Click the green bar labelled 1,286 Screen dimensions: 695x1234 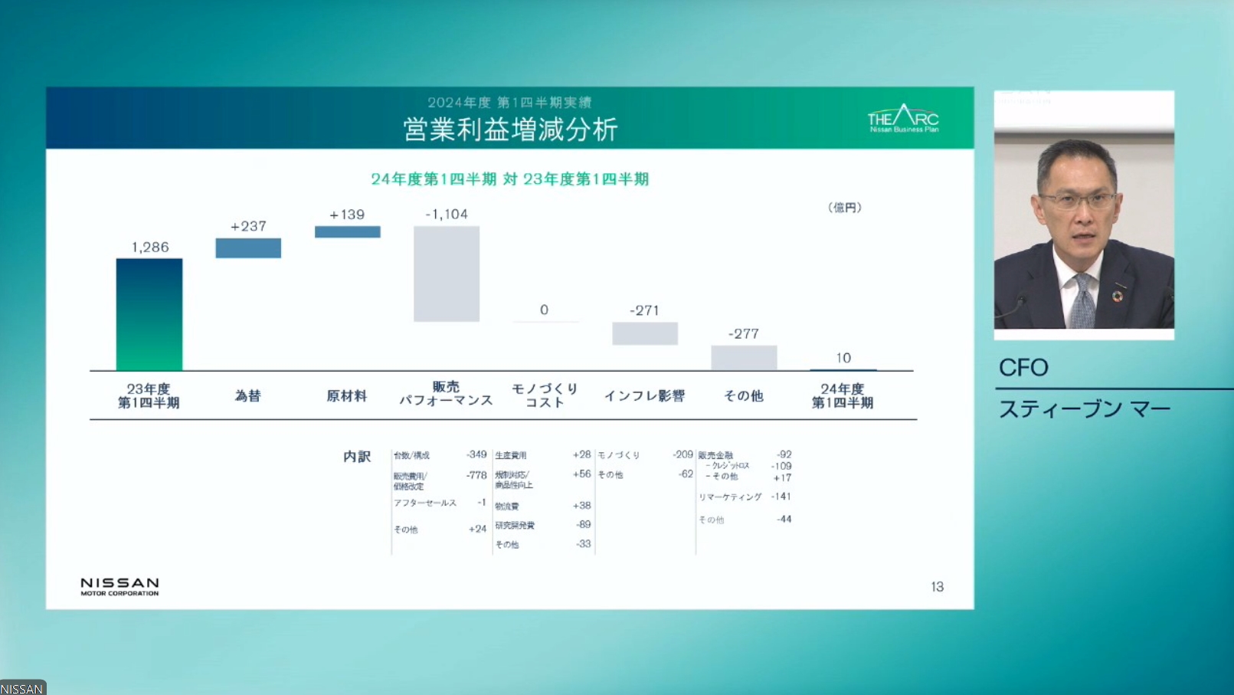point(149,314)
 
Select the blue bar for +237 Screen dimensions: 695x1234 point(248,248)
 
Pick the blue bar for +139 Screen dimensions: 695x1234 point(347,231)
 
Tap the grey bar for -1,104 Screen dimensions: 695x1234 point(447,274)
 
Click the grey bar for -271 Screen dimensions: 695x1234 point(645,333)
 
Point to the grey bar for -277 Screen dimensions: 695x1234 point(744,357)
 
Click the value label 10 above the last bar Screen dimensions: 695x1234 point(843,358)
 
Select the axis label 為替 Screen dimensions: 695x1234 point(248,395)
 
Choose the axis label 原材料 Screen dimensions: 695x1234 point(347,395)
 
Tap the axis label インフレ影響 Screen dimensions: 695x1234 point(644,395)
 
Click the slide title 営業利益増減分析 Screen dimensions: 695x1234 point(510,129)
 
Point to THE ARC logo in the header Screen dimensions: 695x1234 point(903,119)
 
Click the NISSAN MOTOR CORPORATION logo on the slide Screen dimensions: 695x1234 point(120,586)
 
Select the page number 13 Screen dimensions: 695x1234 point(937,587)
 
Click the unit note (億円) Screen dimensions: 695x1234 point(844,208)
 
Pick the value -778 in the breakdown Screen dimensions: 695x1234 point(476,475)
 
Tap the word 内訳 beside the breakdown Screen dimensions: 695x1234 point(357,457)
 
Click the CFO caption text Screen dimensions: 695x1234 point(1023,368)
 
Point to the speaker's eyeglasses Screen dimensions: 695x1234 point(1078,202)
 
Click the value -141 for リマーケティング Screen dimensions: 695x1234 point(781,497)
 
